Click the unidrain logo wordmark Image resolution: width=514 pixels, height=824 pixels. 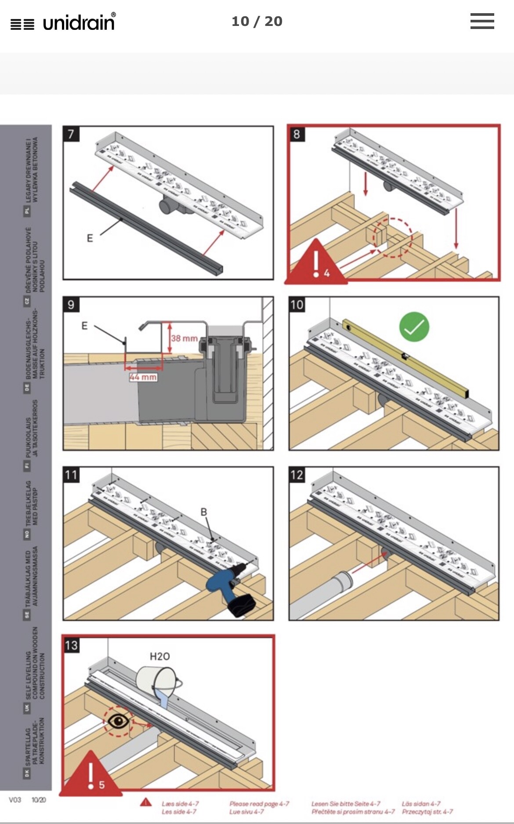[x=79, y=22]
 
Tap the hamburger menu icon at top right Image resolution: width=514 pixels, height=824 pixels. [x=482, y=21]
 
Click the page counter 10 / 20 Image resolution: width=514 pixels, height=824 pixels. [x=257, y=21]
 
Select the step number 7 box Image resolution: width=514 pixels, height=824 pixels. [x=71, y=134]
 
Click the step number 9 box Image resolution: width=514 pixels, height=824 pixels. [x=71, y=305]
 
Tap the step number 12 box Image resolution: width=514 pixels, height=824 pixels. [x=297, y=475]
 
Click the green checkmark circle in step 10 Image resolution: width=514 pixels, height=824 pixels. [x=414, y=327]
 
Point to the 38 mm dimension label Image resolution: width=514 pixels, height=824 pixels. [x=184, y=338]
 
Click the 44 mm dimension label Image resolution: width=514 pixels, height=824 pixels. [x=143, y=377]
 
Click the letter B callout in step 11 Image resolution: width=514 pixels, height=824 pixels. [x=203, y=512]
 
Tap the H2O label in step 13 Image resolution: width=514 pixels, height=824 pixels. [x=159, y=657]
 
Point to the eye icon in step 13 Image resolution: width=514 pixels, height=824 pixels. [x=118, y=721]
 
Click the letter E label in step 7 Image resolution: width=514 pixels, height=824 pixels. [x=90, y=238]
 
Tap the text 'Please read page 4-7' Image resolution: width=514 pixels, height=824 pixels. [x=259, y=804]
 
